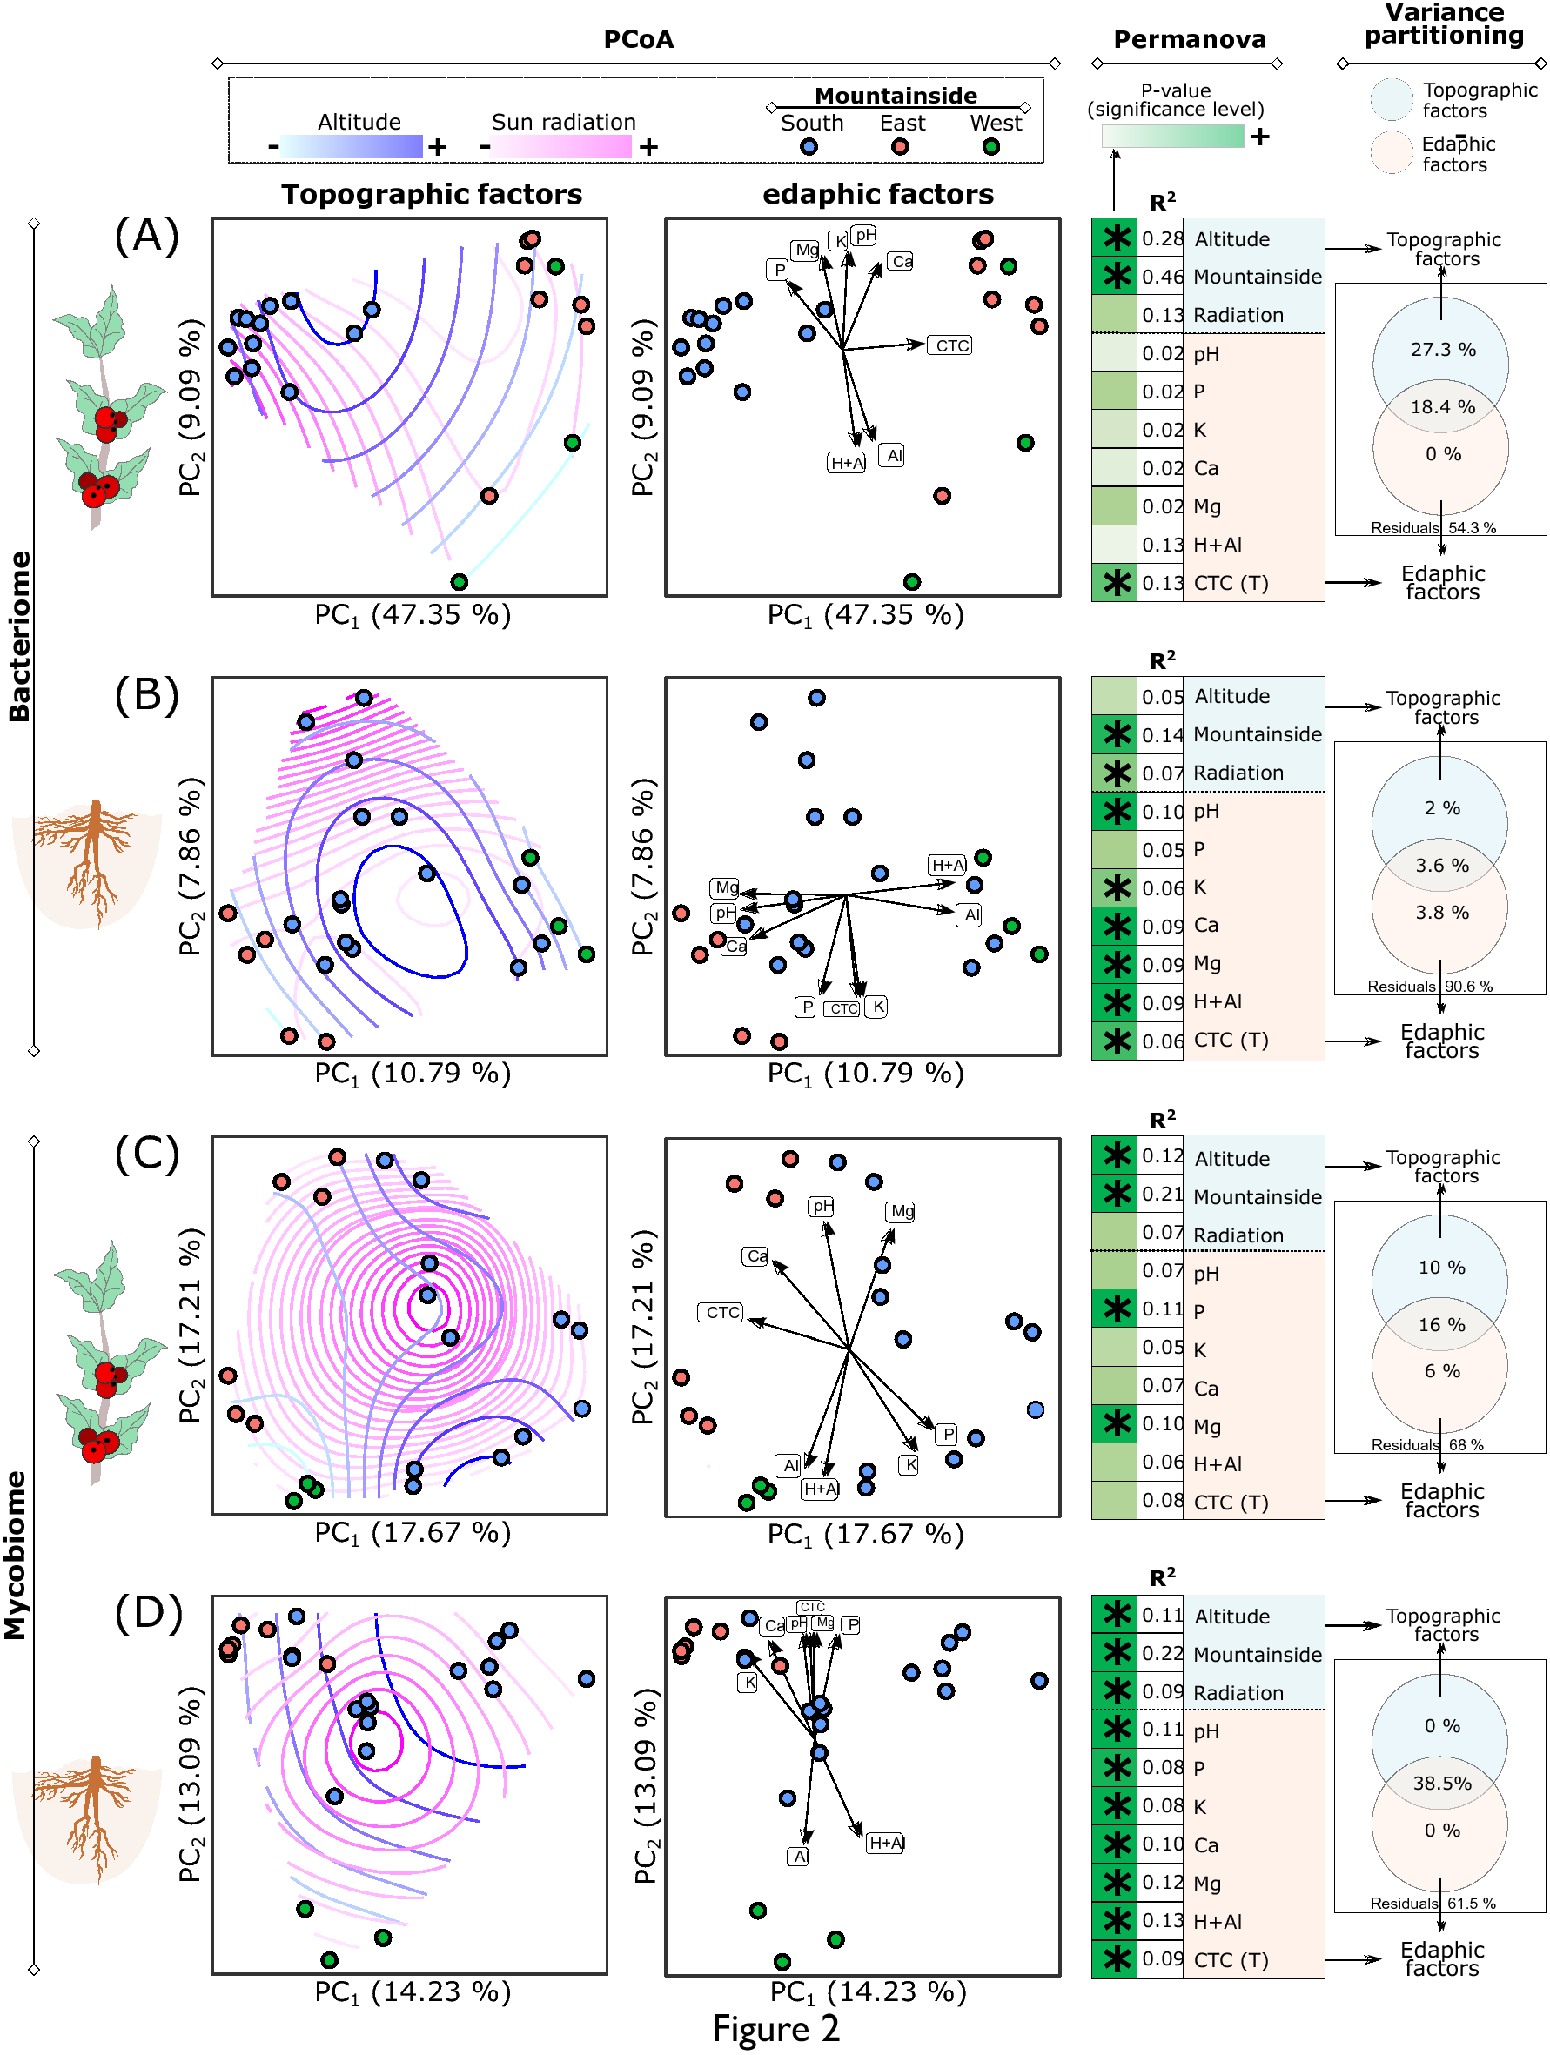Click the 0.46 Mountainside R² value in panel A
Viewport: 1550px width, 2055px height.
point(1162,277)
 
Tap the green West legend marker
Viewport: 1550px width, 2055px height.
point(990,147)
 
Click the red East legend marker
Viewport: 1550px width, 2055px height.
point(899,147)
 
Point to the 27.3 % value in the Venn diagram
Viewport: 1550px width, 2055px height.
point(1442,349)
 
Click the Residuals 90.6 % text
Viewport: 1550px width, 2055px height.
point(1429,986)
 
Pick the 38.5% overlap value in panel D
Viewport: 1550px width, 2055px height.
point(1441,1783)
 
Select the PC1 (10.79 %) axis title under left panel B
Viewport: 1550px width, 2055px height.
point(412,1073)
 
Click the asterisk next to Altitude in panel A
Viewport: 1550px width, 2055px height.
point(1115,238)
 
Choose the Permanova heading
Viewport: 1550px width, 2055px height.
point(1190,39)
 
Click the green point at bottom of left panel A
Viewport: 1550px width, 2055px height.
point(458,581)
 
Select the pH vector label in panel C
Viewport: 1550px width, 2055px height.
point(822,1206)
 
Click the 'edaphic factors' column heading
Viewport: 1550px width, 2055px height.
point(877,193)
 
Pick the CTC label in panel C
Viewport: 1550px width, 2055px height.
point(721,1312)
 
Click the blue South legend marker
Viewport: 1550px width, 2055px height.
point(809,147)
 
